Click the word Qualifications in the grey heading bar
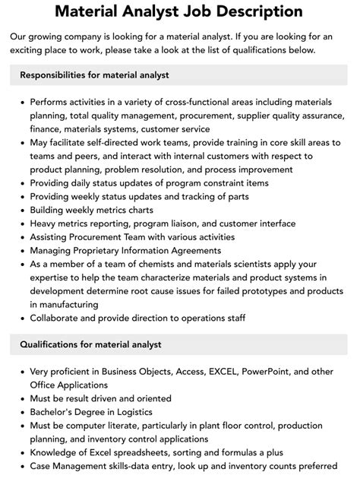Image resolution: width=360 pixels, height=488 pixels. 52,344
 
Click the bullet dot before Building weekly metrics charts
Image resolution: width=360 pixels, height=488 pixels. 21,210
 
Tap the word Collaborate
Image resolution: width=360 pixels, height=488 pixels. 58,318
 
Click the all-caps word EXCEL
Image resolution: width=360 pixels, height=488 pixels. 208,372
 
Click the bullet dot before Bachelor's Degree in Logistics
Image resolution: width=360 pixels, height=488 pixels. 21,411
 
